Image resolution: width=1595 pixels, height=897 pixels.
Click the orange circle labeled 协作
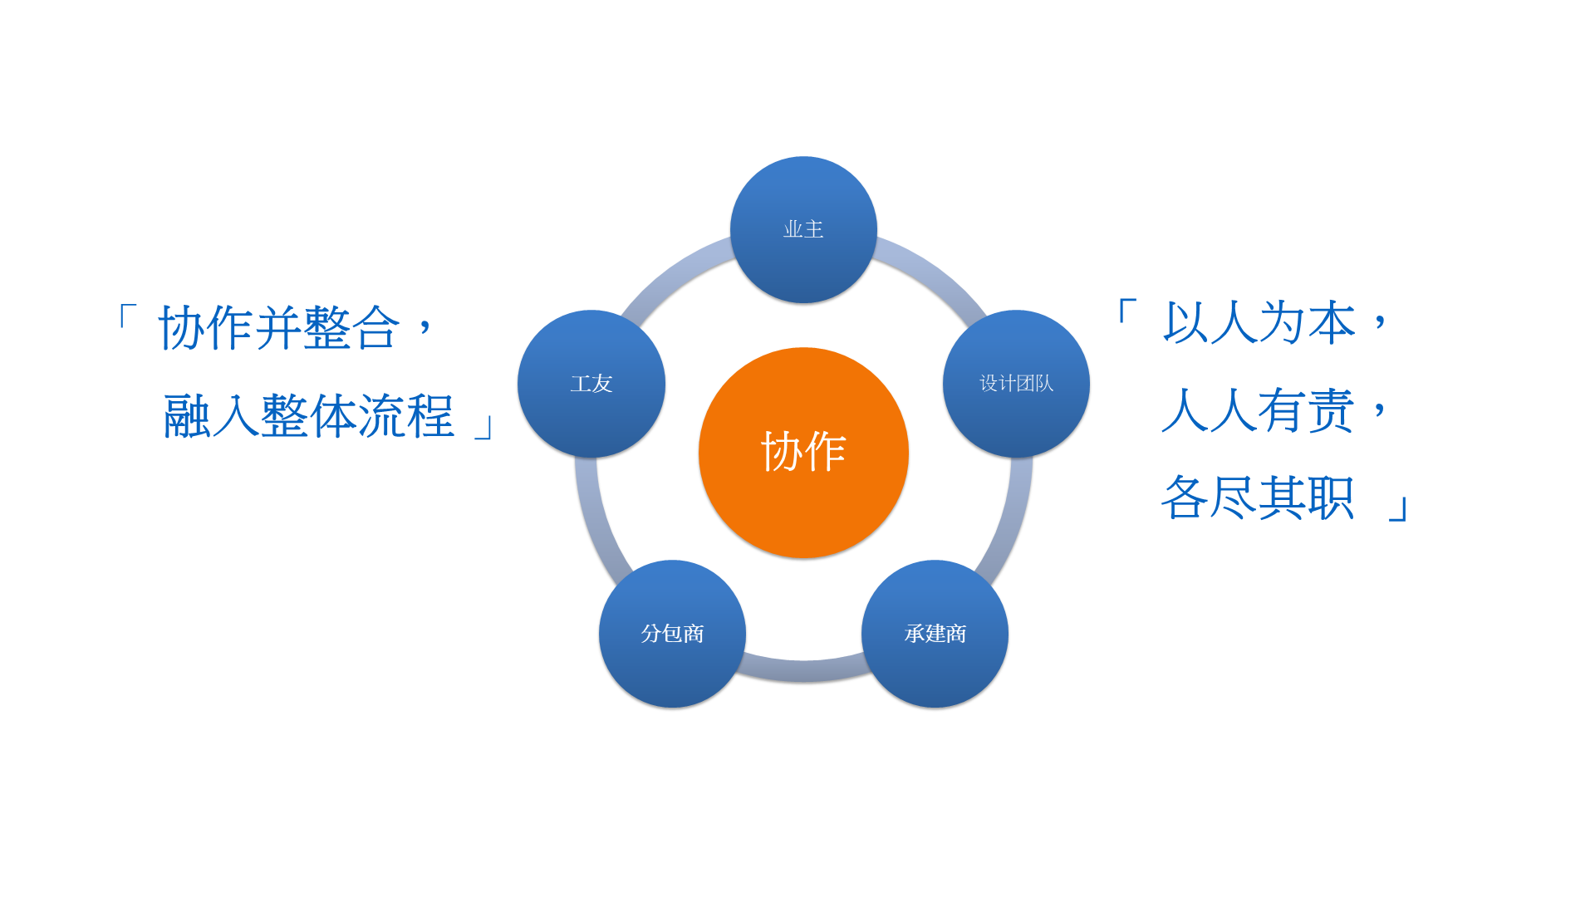803,453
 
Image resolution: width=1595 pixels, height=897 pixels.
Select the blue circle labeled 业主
803,229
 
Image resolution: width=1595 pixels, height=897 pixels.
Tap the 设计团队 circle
1016,384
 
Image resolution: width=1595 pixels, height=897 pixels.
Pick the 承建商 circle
935,634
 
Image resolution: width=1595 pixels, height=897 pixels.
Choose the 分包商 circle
672,634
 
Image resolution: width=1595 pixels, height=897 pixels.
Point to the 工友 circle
591,384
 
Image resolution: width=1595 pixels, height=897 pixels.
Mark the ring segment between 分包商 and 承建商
803,671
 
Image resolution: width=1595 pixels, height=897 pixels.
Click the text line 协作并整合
279,327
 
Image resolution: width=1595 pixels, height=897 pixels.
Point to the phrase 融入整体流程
309,415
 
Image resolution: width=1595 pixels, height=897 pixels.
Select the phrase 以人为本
1259,322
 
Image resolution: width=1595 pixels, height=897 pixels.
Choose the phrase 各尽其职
1259,498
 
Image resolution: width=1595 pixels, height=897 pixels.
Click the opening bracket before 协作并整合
126,316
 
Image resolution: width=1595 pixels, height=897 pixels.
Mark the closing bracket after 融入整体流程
485,427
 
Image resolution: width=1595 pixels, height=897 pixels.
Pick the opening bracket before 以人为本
1127,311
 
